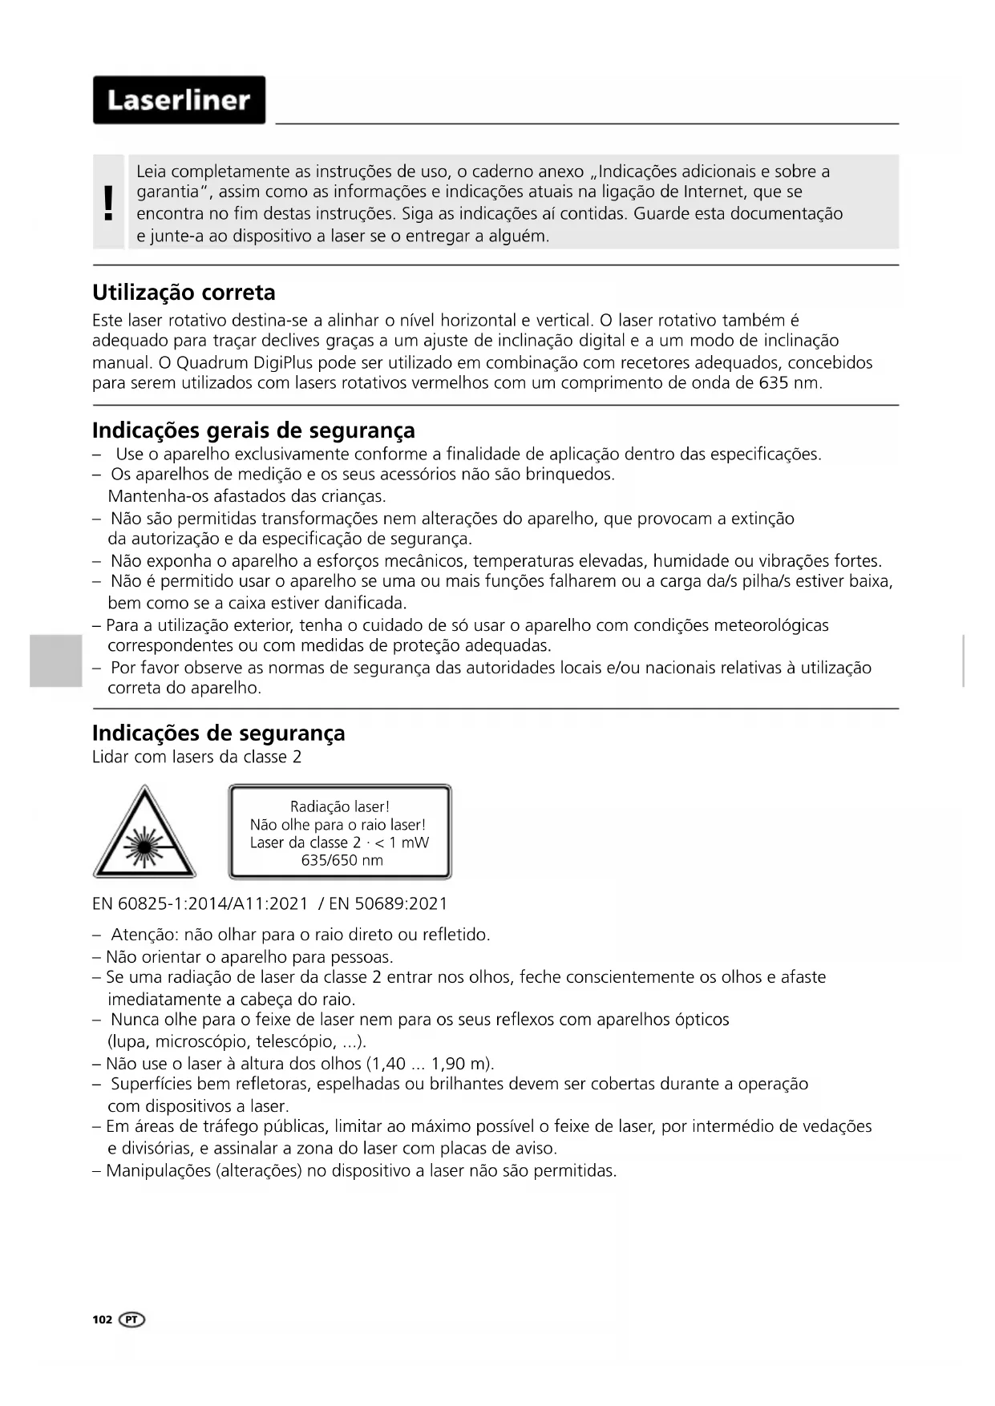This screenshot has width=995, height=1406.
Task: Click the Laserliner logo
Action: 179,100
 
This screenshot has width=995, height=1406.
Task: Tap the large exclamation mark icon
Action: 109,203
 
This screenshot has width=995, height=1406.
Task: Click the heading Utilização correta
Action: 184,293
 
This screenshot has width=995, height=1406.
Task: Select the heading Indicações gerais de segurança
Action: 253,430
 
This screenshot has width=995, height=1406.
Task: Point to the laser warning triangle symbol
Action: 144,834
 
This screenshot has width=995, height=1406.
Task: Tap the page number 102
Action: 102,1320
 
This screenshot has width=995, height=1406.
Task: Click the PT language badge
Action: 132,1320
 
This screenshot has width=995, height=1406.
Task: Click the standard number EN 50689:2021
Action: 388,904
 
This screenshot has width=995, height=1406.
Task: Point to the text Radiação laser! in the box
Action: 340,807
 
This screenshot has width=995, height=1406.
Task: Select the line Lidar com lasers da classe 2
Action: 196,758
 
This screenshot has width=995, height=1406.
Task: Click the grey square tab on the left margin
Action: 56,661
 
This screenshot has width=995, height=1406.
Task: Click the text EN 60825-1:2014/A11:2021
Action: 200,904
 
